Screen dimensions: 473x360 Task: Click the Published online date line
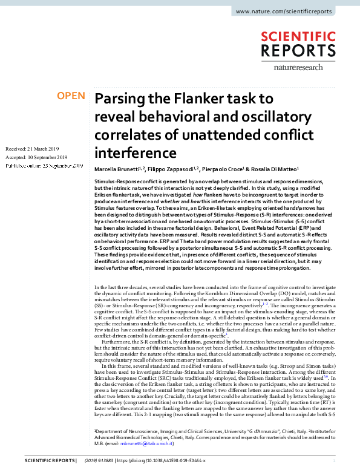44,165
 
